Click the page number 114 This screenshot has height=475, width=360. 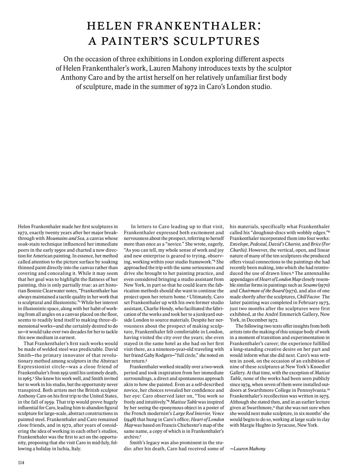coord(21,462)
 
